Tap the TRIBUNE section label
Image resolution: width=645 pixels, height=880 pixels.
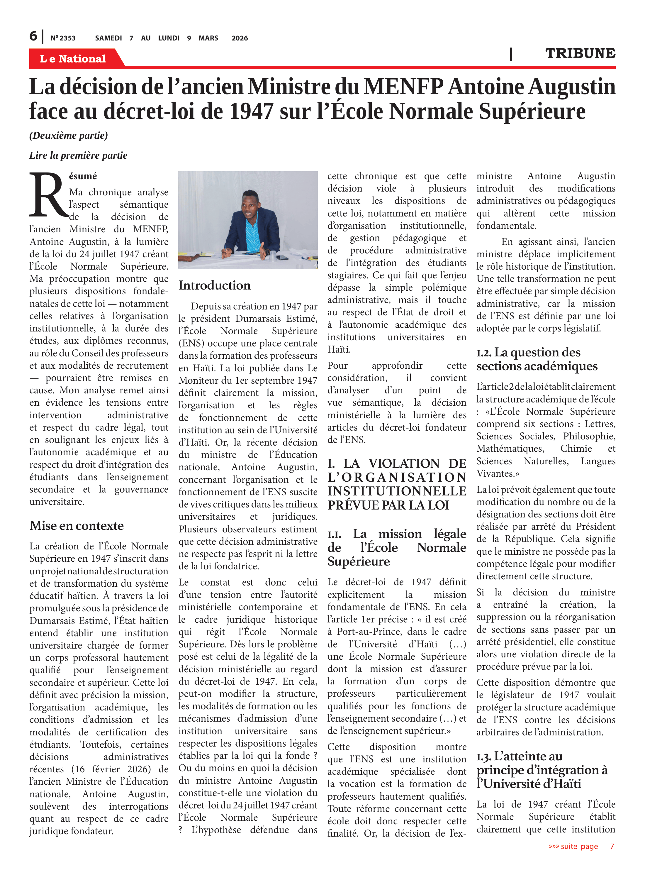tap(580, 53)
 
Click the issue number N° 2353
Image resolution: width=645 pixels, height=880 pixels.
tap(63, 38)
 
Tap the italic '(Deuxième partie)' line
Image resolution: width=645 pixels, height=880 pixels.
tap(69, 136)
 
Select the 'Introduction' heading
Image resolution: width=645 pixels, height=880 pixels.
tap(214, 285)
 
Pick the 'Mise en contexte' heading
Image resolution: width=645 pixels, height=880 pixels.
tap(77, 526)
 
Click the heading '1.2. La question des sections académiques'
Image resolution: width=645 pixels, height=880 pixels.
tap(537, 359)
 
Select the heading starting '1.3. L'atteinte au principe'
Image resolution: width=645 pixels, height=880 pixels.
tap(542, 770)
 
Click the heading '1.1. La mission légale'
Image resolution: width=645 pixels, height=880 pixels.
tap(397, 548)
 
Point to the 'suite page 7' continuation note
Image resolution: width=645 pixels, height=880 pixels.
tap(581, 846)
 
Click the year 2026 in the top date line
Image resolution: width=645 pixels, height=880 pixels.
tap(240, 38)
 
